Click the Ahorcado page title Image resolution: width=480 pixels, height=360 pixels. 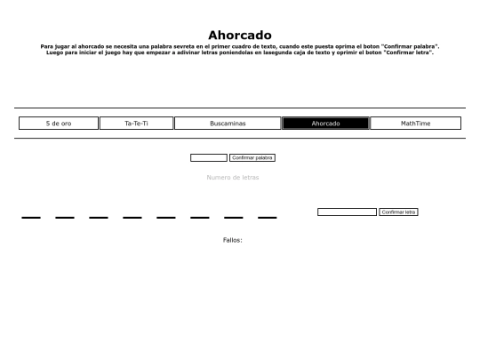[240, 36]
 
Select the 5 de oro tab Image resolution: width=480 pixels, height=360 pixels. [59, 124]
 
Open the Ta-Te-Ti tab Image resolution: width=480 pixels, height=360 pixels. [136, 124]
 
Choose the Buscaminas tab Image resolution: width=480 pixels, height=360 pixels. [228, 124]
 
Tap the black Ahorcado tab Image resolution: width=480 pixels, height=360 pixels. [325, 124]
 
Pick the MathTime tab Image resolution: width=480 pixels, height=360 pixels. [415, 124]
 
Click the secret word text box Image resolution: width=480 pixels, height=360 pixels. [209, 157]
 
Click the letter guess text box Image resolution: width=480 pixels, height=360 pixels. [347, 212]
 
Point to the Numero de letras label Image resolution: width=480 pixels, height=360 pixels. [233, 178]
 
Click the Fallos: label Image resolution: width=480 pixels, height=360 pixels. [232, 240]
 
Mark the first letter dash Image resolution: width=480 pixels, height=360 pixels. [31, 217]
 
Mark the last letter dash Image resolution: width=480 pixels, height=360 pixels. [268, 217]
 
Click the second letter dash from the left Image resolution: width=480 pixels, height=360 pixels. [65, 217]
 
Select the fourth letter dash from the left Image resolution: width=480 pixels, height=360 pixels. [132, 217]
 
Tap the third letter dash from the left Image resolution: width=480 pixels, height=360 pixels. [99, 217]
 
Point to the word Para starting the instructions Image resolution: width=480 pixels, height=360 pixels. [47, 46]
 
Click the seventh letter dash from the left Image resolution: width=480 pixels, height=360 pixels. [234, 217]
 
